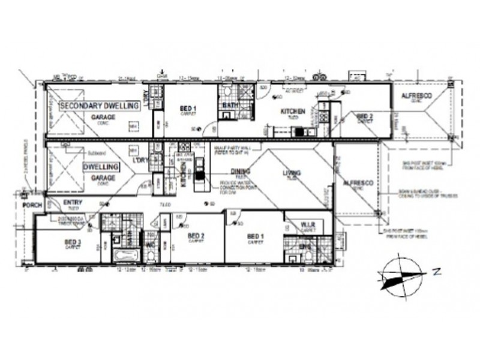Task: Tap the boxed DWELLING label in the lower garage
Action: (x=99, y=166)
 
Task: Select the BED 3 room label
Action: (x=73, y=242)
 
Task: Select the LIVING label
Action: (x=292, y=175)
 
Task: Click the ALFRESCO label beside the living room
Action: (x=359, y=183)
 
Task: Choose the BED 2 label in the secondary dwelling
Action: (x=365, y=116)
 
